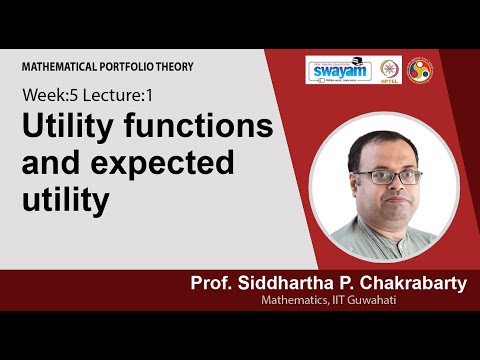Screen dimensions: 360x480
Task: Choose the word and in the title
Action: (52, 164)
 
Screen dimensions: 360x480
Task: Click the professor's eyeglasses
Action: (374, 177)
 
